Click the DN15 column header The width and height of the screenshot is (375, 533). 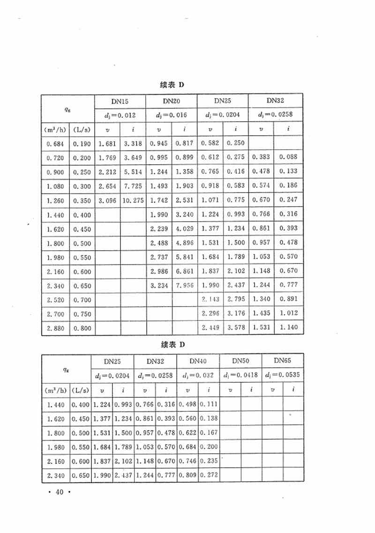120,101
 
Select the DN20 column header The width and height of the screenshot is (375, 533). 172,101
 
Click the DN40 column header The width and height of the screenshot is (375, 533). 198,361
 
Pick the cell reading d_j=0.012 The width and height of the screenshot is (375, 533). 120,115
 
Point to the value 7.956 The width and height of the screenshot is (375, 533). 184,285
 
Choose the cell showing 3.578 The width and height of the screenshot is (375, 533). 236,327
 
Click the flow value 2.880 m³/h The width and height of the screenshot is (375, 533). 55,328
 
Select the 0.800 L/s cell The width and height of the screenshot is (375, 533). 82,328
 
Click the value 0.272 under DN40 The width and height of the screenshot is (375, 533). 209,475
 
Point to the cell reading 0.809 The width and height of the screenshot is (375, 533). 187,475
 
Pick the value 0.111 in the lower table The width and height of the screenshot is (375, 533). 209,404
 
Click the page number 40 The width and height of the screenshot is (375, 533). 59,492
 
